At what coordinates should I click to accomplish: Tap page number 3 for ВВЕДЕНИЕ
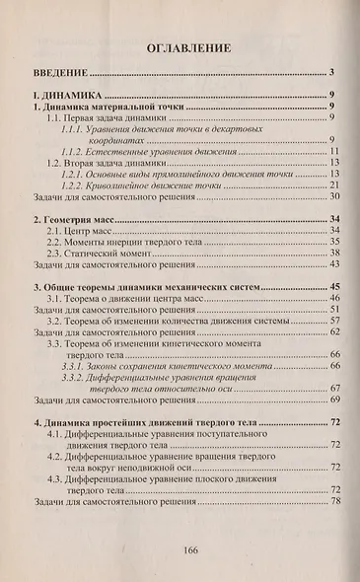click(336, 72)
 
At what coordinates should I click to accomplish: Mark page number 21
click(334, 184)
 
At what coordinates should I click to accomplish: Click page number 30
click(334, 197)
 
